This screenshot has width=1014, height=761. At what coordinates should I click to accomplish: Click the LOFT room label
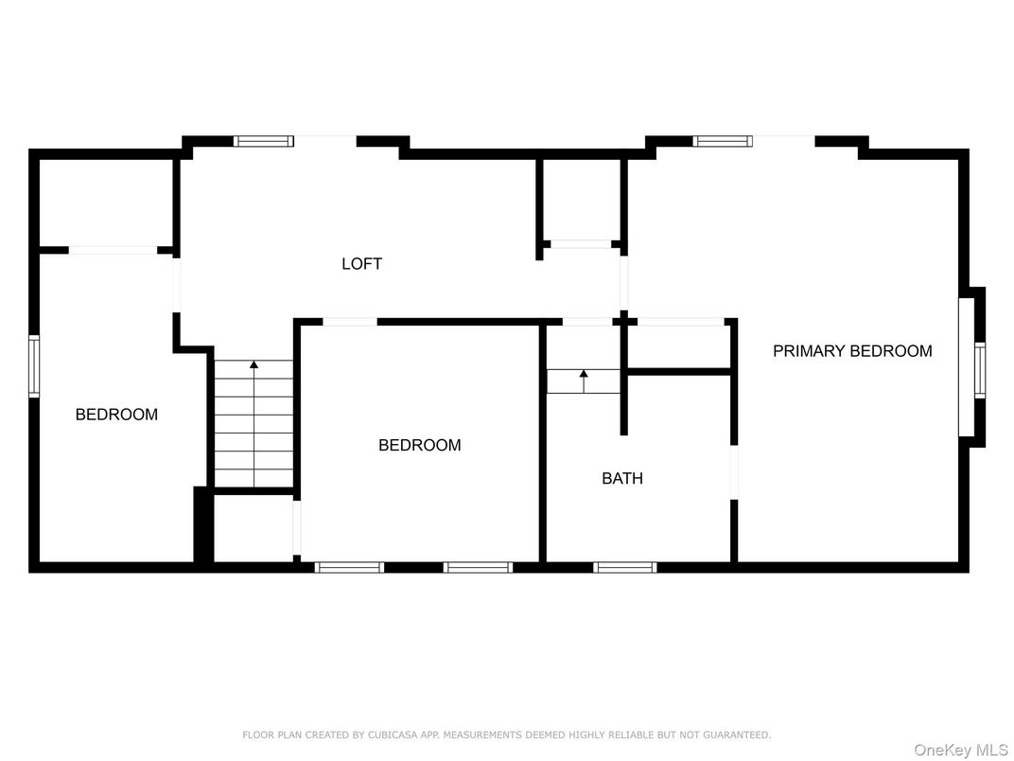pos(361,264)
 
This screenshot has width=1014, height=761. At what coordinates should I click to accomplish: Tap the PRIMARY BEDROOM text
pos(852,351)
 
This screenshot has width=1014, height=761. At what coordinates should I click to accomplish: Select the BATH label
pos(621,479)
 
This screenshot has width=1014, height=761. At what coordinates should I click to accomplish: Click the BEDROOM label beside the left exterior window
pos(116,415)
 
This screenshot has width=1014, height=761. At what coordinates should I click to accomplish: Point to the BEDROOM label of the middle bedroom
pos(419,445)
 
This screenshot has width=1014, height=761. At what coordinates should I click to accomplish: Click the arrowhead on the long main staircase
pos(253,364)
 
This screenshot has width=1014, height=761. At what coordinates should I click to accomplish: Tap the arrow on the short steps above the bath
pos(584,375)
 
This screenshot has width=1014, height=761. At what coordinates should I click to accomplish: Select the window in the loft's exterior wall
pos(264,142)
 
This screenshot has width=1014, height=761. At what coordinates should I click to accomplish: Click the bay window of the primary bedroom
pos(979,368)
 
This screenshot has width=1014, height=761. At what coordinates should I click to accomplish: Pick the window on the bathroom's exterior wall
pos(624,567)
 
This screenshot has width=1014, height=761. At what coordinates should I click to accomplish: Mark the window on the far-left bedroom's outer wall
pos(34,365)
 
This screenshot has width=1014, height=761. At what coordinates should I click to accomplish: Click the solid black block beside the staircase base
pos(201,524)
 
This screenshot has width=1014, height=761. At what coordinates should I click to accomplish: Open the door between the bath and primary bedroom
pos(733,470)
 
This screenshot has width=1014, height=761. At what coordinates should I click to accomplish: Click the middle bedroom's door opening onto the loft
pos(349,322)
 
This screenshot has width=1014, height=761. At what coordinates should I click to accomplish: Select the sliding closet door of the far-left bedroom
pos(114,250)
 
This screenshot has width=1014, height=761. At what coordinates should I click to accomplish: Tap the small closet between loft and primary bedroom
pos(581,200)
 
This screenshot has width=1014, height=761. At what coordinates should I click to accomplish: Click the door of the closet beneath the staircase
pos(296,527)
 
